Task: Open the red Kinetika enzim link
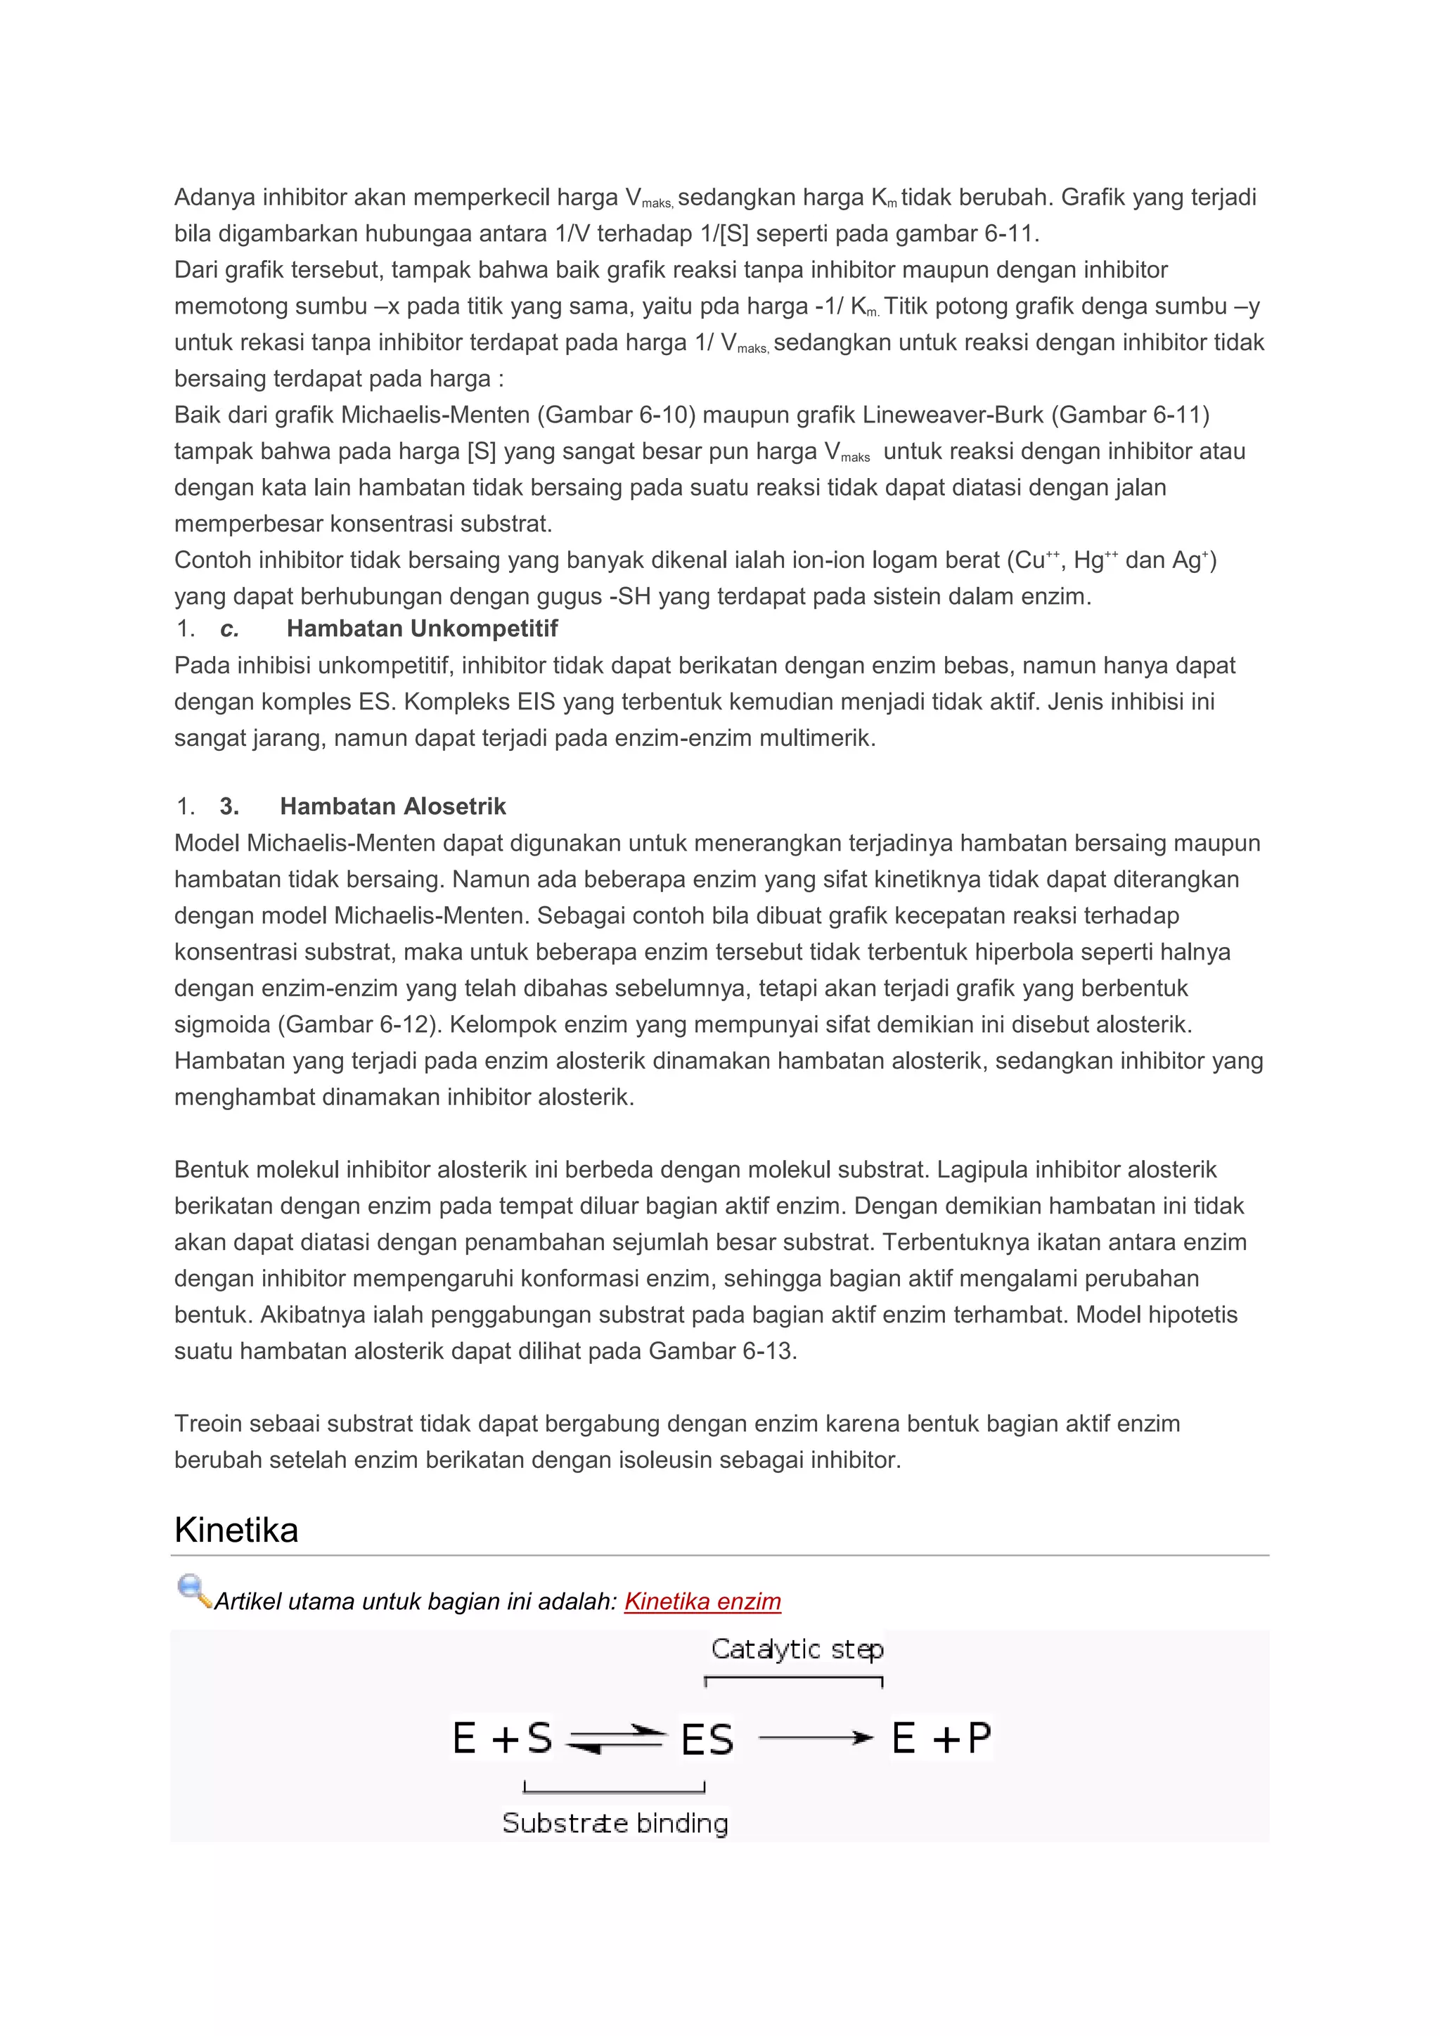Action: [702, 1601]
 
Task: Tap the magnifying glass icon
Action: [193, 1590]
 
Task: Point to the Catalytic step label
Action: [797, 1649]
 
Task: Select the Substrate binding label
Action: [615, 1823]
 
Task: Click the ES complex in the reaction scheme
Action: [707, 1739]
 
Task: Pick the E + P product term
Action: [941, 1738]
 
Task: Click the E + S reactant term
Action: [502, 1738]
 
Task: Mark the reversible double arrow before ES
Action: [615, 1739]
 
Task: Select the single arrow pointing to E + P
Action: [816, 1738]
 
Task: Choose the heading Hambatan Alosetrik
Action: [393, 806]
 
